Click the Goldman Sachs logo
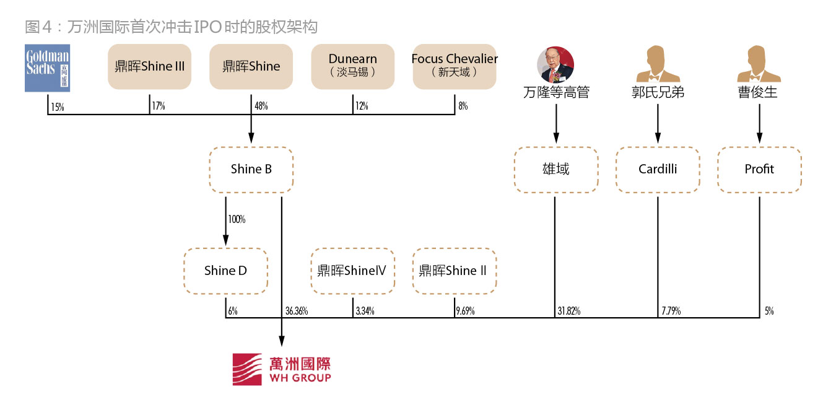click(47, 68)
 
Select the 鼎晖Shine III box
click(149, 66)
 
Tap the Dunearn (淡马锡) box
click(352, 66)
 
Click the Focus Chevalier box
click(455, 66)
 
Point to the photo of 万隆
click(555, 64)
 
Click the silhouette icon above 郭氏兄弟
click(658, 64)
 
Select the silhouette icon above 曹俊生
click(759, 64)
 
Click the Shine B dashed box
click(251, 169)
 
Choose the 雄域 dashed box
click(555, 169)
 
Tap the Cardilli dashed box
click(658, 169)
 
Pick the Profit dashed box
click(759, 169)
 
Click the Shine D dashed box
click(225, 271)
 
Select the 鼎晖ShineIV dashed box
click(352, 271)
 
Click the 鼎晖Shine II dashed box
click(455, 271)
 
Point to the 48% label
click(261, 107)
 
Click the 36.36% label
click(297, 312)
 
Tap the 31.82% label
click(568, 312)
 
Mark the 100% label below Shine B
click(237, 220)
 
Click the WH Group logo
click(282, 369)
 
